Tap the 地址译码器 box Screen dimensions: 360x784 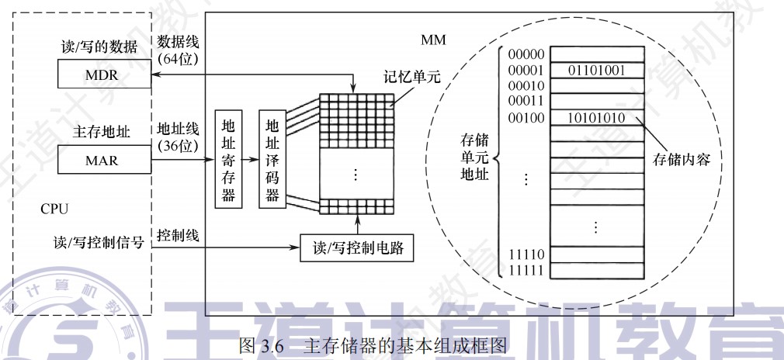[272, 161]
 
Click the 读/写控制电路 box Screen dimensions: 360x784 [356, 250]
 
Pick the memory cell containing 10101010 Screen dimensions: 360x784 [597, 118]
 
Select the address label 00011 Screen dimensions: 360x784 [526, 101]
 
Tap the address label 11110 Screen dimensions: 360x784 [526, 254]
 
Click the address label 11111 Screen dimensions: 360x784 [526, 270]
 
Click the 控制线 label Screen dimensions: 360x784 [178, 234]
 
